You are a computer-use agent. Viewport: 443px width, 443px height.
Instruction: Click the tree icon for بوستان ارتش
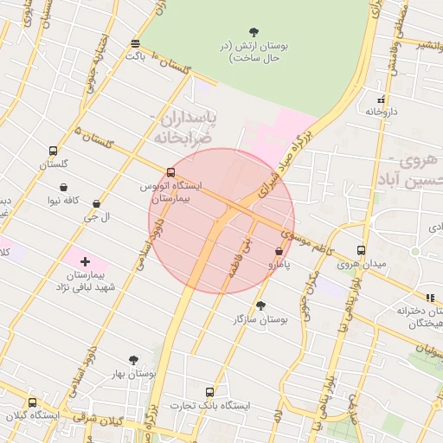[x=254, y=32]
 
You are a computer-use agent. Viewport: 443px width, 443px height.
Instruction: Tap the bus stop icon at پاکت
[x=135, y=43]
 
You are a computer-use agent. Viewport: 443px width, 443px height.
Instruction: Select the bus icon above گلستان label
[x=54, y=151]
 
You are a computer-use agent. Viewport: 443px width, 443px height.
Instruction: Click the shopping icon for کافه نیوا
[x=64, y=187]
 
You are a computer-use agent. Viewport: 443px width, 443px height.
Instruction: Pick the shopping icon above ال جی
[x=96, y=204]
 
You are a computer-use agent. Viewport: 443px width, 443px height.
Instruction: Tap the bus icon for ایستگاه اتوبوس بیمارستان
[x=170, y=172]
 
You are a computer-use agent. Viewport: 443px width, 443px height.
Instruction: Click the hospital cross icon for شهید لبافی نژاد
[x=85, y=261]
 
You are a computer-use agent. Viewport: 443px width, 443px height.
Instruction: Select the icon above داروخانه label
[x=381, y=100]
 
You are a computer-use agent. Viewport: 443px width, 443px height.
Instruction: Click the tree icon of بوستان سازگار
[x=260, y=305]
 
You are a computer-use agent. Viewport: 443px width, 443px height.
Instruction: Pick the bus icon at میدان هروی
[x=361, y=251]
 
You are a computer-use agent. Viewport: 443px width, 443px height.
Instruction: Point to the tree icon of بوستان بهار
[x=133, y=360]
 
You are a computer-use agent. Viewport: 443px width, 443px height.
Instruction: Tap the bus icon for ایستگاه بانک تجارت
[x=209, y=392]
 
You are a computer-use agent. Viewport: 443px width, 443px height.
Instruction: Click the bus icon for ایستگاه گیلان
[x=33, y=402]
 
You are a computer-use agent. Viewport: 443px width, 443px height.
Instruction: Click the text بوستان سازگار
[x=260, y=319]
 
